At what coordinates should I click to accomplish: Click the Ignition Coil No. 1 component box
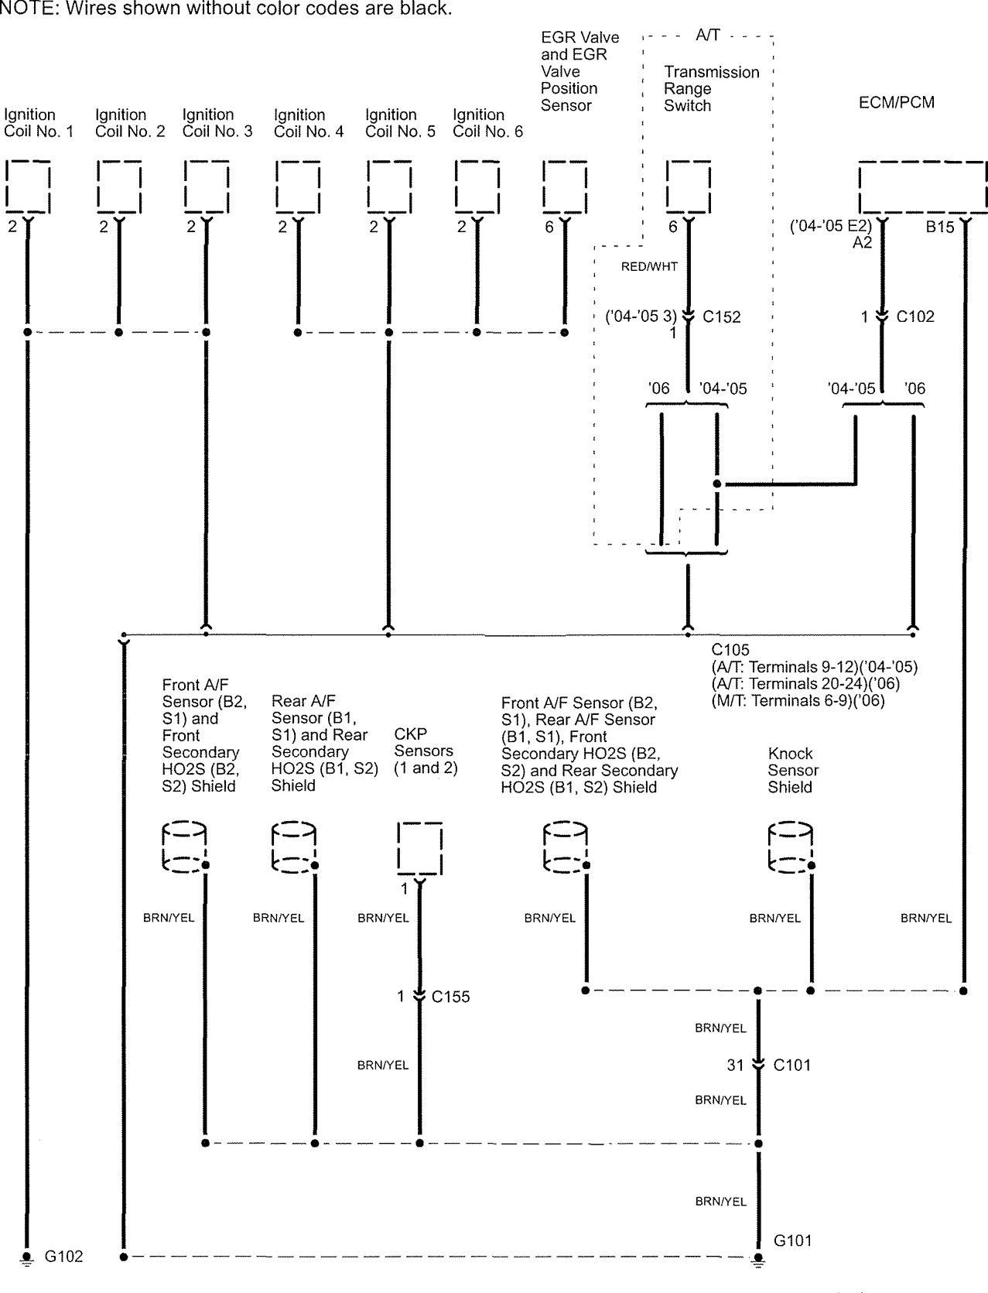coord(28,186)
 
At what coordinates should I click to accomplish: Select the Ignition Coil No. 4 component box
coord(298,186)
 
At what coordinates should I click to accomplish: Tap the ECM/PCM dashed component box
coord(922,186)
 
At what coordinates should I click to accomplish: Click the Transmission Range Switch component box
coord(689,186)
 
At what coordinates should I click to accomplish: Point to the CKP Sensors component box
coord(419,848)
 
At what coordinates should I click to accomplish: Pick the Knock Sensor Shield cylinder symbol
coord(790,848)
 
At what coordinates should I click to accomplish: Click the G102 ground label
coord(63,1257)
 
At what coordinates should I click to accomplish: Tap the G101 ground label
coord(793,1240)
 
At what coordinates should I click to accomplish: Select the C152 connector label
coord(721,316)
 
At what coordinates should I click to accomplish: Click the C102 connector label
coord(915,316)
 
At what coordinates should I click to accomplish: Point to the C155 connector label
coord(451,997)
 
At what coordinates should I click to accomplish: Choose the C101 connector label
coord(792,1066)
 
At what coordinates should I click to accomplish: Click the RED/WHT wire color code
coord(649,267)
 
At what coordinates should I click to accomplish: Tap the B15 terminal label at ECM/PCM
coord(940,228)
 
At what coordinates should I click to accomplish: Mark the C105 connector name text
coord(730,650)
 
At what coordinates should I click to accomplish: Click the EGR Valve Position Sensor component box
coord(565,186)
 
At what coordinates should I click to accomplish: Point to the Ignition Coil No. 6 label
coord(487,123)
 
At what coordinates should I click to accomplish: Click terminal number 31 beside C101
coord(735,1066)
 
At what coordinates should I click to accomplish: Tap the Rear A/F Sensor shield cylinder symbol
coord(294,848)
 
